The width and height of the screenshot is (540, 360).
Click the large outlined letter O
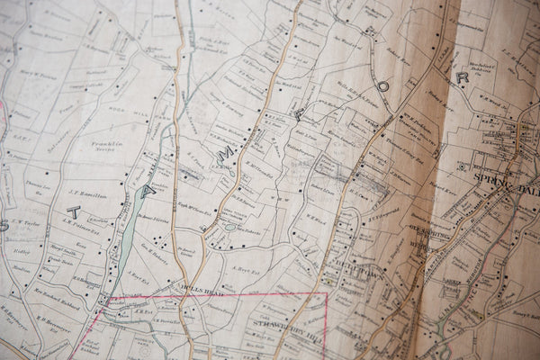coord(383,86)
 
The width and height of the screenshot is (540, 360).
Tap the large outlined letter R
coord(462,77)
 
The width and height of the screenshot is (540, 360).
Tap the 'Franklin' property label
coord(107,144)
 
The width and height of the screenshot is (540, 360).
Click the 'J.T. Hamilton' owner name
coord(86,195)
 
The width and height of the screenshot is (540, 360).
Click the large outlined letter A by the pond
coord(148,190)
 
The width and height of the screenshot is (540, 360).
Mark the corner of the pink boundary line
coord(326,292)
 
